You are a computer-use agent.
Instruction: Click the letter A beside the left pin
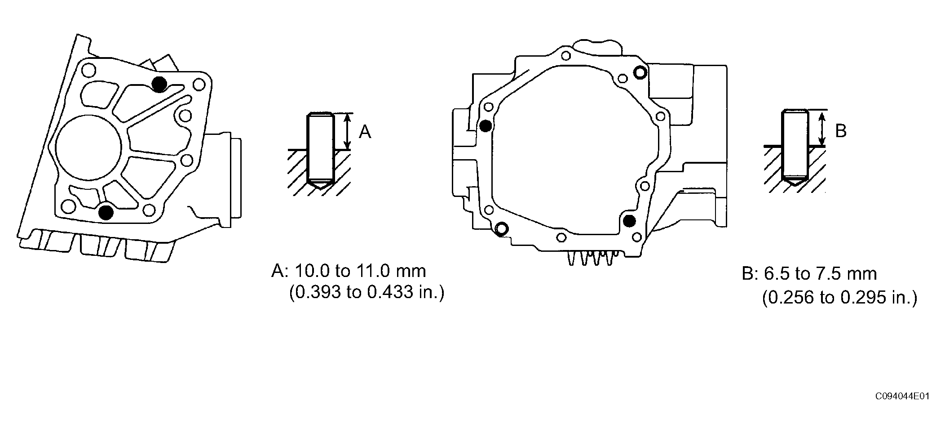click(x=365, y=132)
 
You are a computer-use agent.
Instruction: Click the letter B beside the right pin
click(x=841, y=131)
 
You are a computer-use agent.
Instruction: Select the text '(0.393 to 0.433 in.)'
click(x=367, y=293)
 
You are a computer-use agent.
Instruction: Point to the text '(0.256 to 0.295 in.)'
click(x=839, y=298)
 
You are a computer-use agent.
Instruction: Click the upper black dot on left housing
click(x=159, y=84)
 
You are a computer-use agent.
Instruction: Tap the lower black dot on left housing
click(x=106, y=212)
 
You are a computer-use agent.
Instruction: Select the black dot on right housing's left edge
click(x=485, y=126)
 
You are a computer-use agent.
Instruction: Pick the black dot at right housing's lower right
click(x=630, y=220)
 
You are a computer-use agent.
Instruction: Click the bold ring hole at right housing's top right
click(x=640, y=72)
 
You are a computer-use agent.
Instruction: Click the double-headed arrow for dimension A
click(x=347, y=131)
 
